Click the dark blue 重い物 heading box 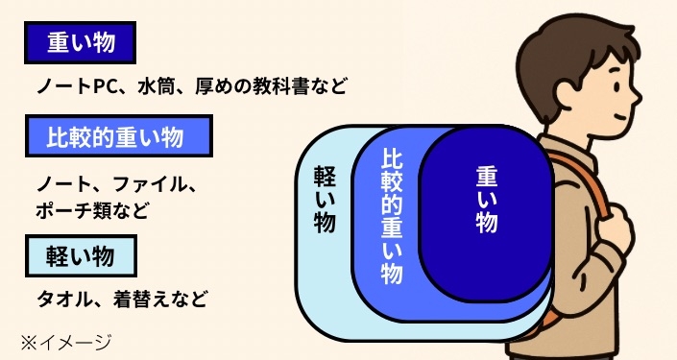[80, 43]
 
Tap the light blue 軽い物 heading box [81, 254]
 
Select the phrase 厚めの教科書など [269, 86]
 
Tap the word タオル [62, 298]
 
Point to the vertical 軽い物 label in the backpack [324, 202]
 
